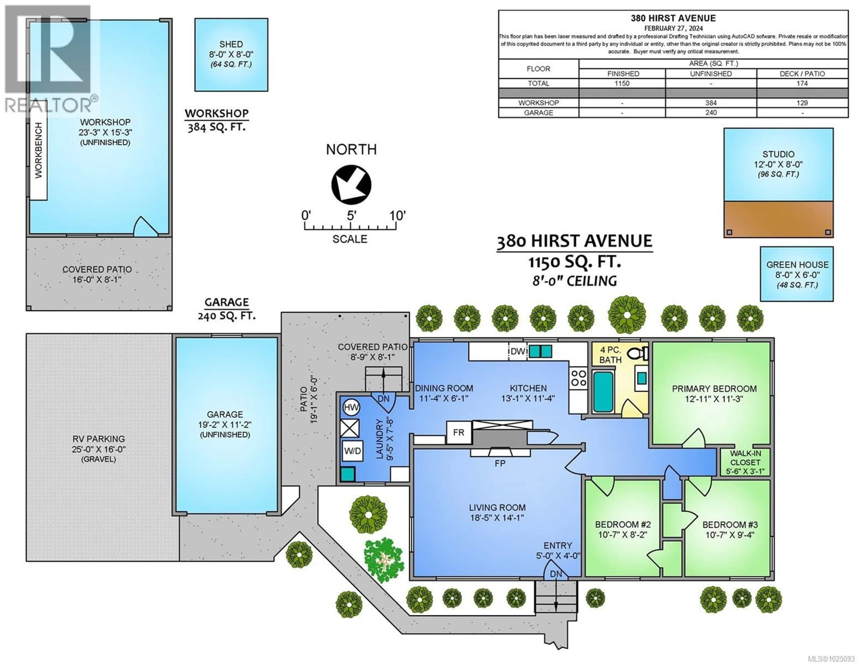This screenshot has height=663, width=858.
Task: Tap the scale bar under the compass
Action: tap(350, 227)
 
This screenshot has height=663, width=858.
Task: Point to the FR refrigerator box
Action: tap(458, 433)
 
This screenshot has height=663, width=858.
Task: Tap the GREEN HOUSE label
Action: tap(797, 265)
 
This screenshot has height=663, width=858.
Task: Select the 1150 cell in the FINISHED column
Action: tap(622, 83)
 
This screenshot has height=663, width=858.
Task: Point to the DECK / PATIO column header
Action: tap(802, 74)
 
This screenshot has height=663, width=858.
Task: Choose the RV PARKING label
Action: tap(99, 439)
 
